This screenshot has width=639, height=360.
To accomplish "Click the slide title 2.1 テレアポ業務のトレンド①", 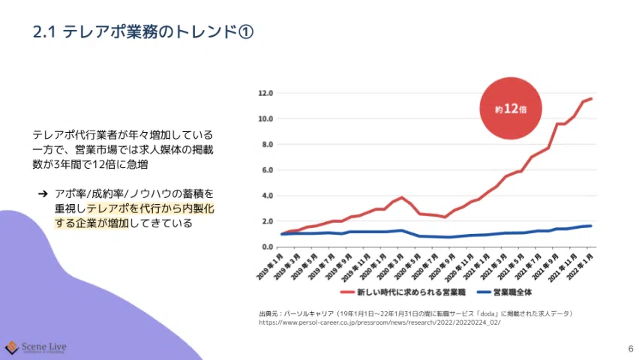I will [x=143, y=32].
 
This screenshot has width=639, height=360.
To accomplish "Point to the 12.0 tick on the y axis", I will [x=265, y=93].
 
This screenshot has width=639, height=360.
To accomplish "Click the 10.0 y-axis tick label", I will [x=265, y=118].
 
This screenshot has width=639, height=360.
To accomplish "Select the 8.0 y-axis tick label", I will [x=266, y=144].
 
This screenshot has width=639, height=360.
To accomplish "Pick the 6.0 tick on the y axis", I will [x=266, y=169].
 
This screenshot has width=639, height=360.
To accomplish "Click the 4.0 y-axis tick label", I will [x=266, y=196].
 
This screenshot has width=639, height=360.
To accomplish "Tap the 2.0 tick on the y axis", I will [x=266, y=221].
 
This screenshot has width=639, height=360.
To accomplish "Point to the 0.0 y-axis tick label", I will [x=266, y=247].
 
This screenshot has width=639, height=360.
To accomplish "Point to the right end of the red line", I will [x=592, y=98].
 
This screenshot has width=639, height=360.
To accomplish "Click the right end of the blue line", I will [x=592, y=226].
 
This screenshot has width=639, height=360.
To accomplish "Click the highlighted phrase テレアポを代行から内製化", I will [x=150, y=208].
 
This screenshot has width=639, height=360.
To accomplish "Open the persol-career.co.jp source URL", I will [x=379, y=322].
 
